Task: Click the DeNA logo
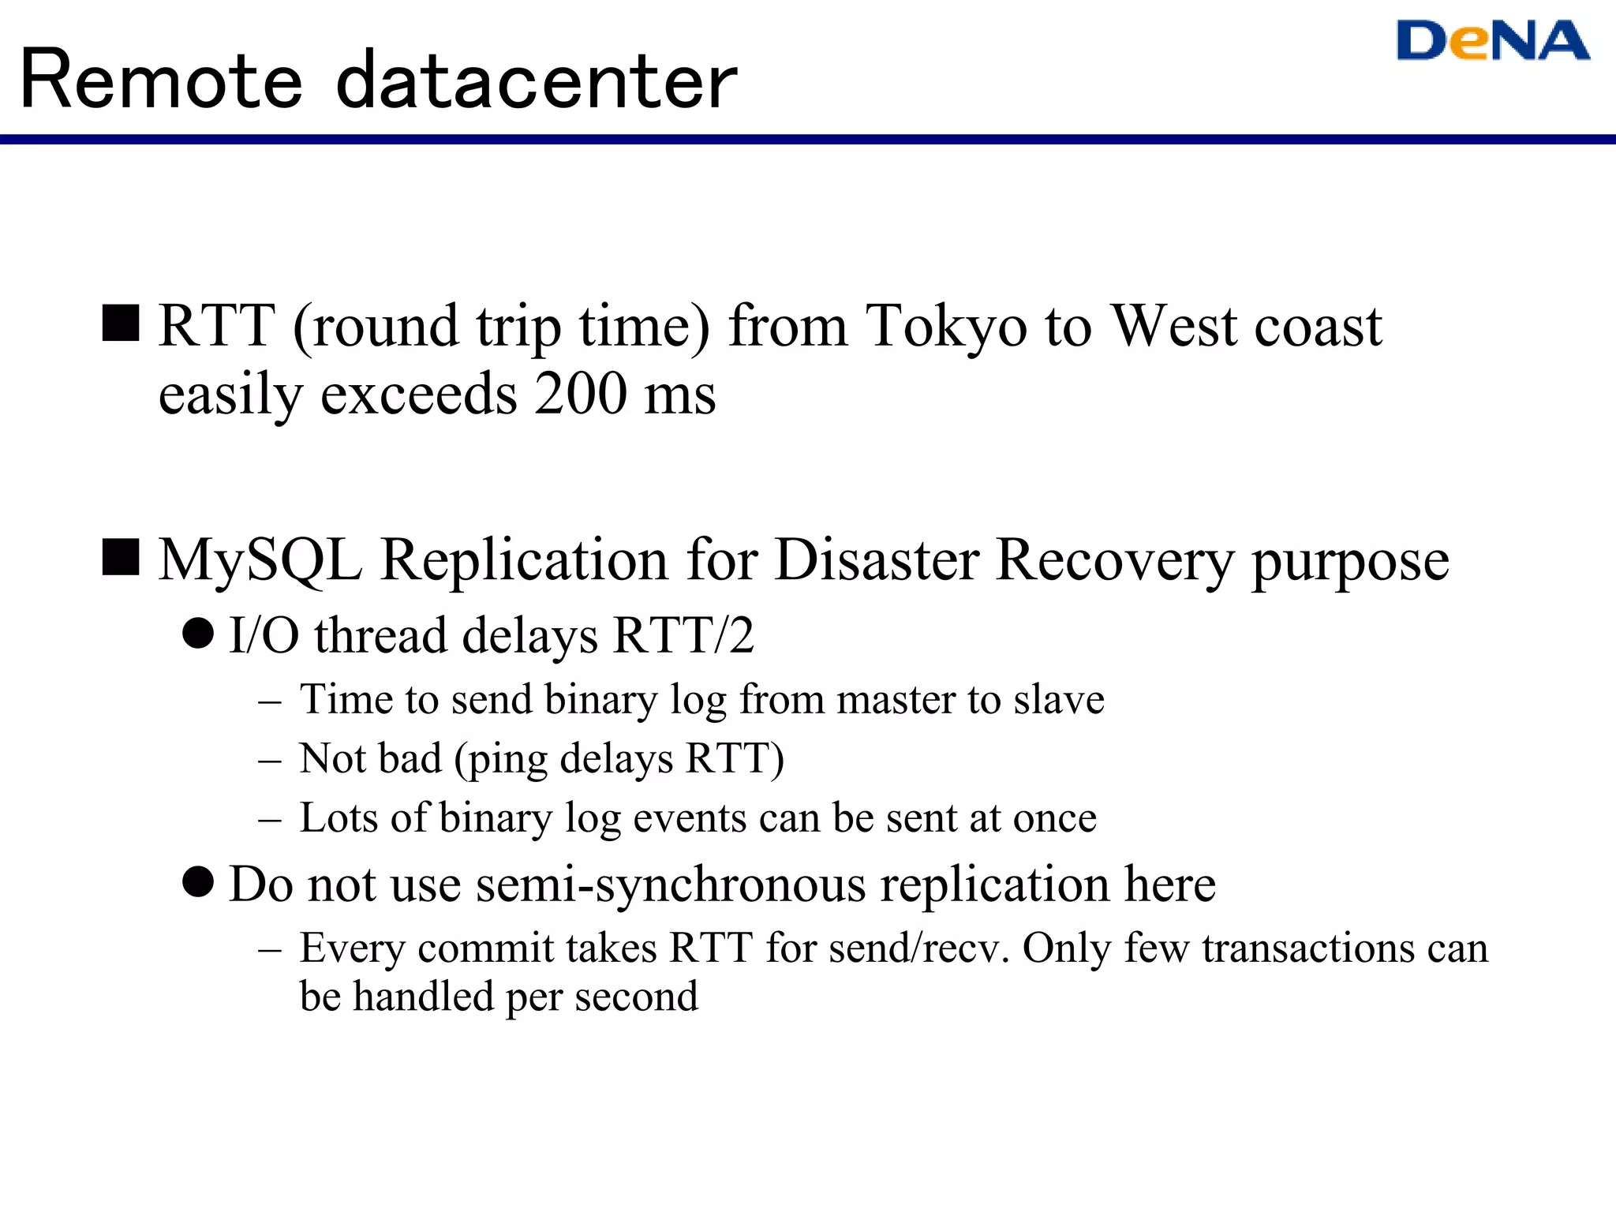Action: point(1492,41)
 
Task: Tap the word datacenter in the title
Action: point(537,80)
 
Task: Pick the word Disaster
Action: point(877,559)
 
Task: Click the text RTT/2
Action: point(683,635)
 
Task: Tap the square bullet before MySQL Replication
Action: point(121,558)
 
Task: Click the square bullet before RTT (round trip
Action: point(121,324)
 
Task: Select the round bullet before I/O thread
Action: point(198,634)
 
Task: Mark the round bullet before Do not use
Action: point(198,881)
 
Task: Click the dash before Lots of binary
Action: point(269,820)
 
